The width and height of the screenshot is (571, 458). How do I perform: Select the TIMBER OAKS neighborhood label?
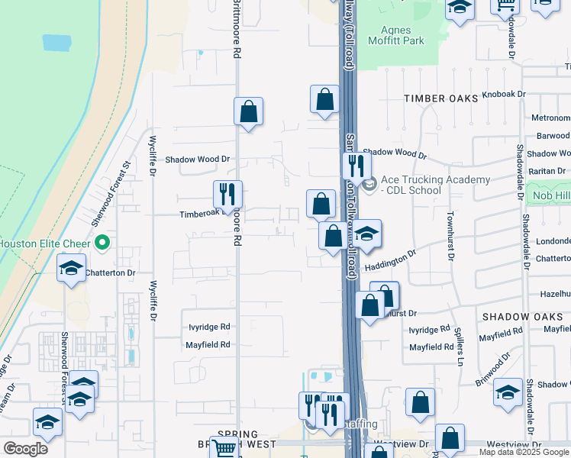click(440, 98)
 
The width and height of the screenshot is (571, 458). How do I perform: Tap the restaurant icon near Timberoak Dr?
click(227, 195)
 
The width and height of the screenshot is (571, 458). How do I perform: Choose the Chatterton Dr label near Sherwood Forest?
click(110, 273)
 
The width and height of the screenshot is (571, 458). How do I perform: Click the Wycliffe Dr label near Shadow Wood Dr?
click(153, 156)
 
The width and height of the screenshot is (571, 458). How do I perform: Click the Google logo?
click(25, 449)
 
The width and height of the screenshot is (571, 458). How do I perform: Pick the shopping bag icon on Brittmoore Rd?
click(248, 113)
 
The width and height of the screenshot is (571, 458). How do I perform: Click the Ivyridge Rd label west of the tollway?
click(209, 327)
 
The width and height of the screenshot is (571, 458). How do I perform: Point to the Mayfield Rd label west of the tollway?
click(208, 345)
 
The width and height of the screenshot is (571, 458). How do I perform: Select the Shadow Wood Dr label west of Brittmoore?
click(198, 160)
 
